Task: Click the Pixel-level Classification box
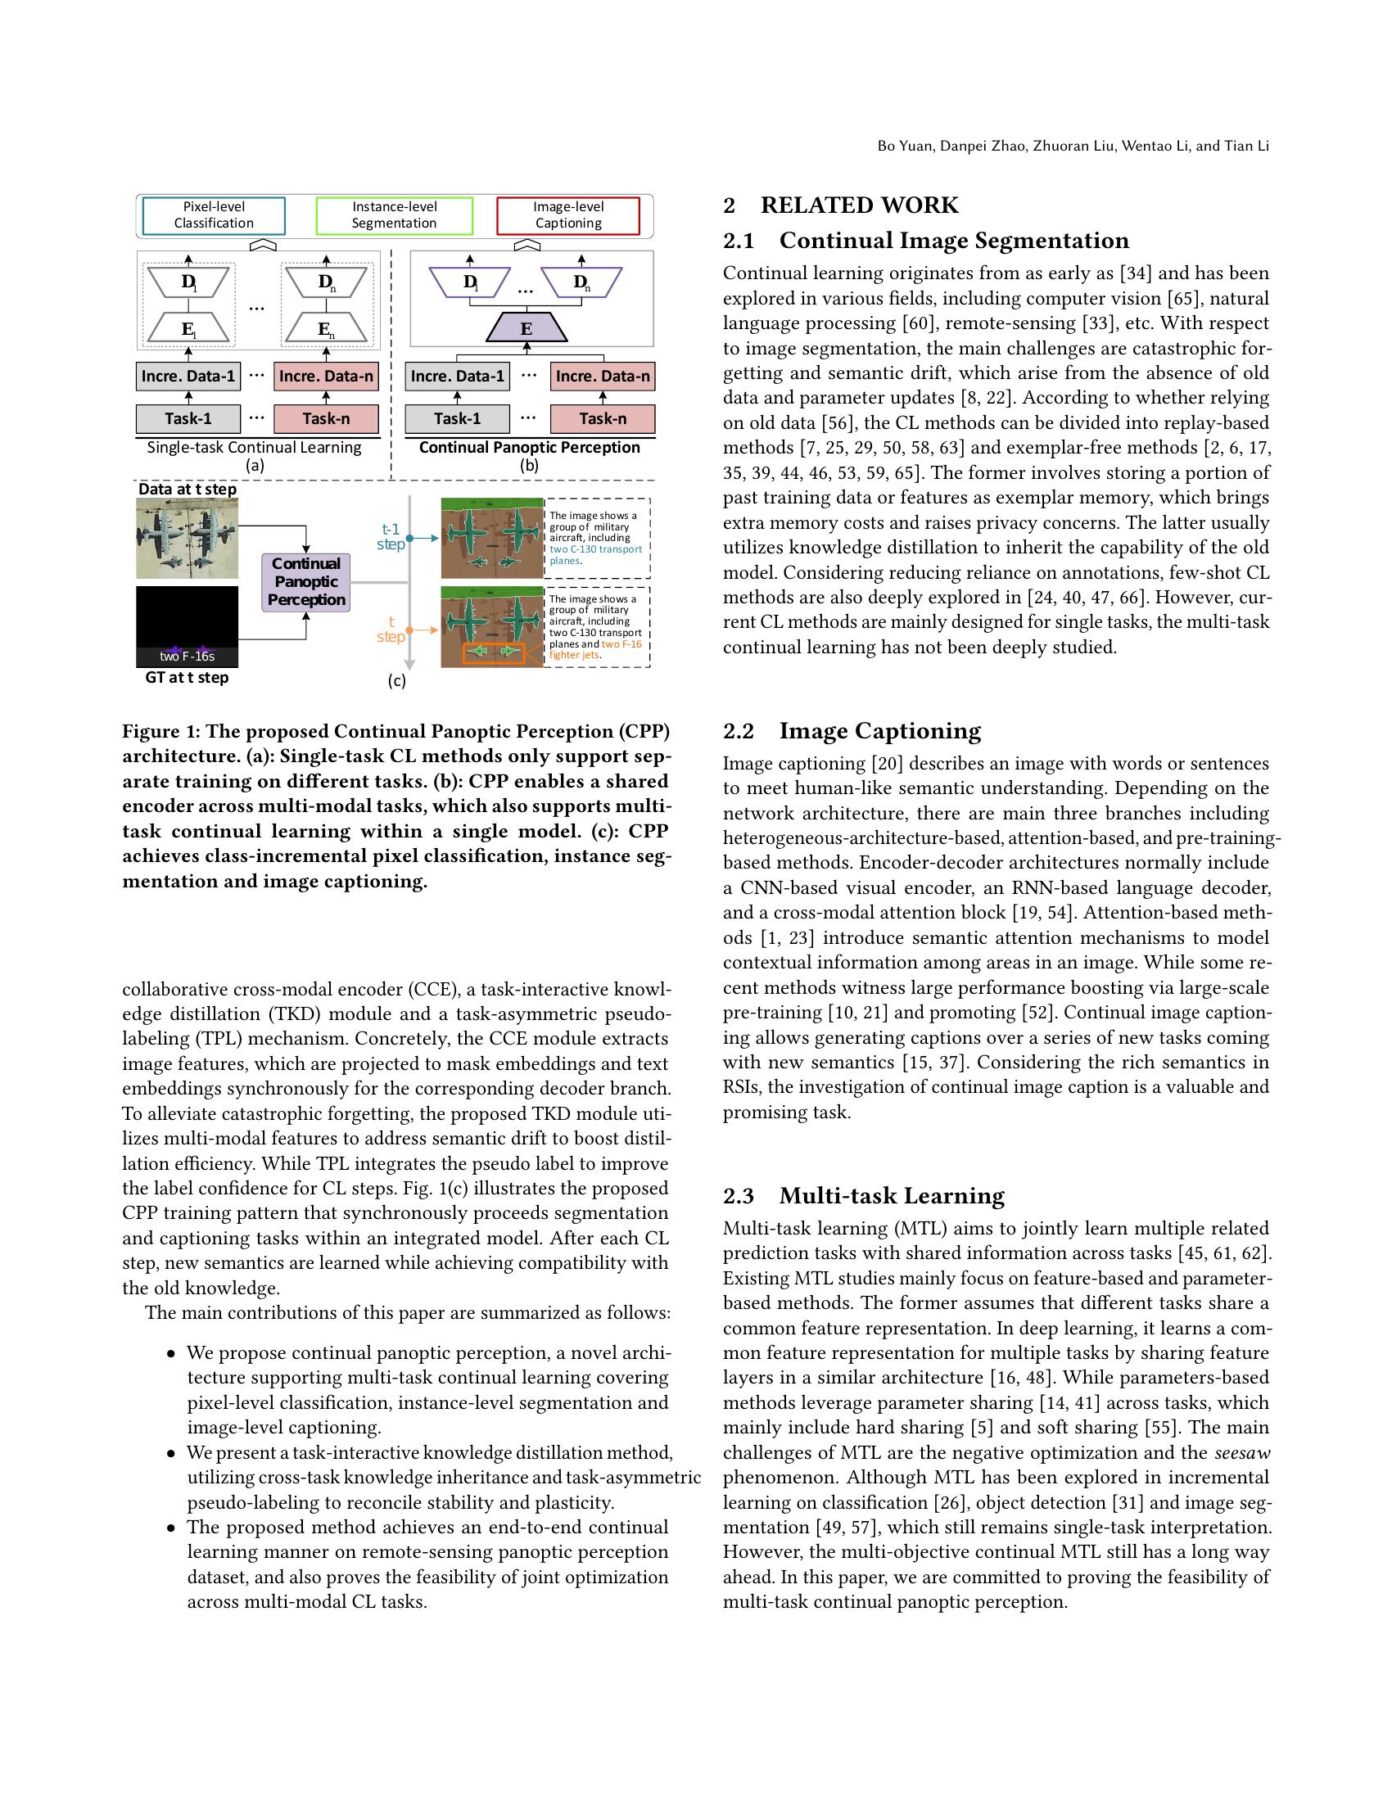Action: coord(214,215)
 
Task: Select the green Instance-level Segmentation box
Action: coord(394,215)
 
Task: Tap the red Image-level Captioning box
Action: coord(568,215)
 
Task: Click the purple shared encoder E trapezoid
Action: coord(527,328)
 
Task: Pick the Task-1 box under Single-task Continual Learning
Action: coord(188,418)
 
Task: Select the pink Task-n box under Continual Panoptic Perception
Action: coord(602,418)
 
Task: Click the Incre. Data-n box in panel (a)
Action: coord(326,376)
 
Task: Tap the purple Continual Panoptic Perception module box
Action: coord(306,581)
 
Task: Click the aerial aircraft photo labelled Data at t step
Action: coord(188,538)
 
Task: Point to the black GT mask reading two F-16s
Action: coord(188,626)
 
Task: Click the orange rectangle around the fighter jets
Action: coord(494,652)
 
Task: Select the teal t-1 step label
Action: coord(391,536)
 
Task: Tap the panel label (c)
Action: coord(396,680)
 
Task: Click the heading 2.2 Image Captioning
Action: coord(852,730)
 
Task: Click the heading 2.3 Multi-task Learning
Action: coord(863,1196)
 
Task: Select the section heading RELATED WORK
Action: coord(858,205)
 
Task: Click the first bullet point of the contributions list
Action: coord(171,1353)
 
